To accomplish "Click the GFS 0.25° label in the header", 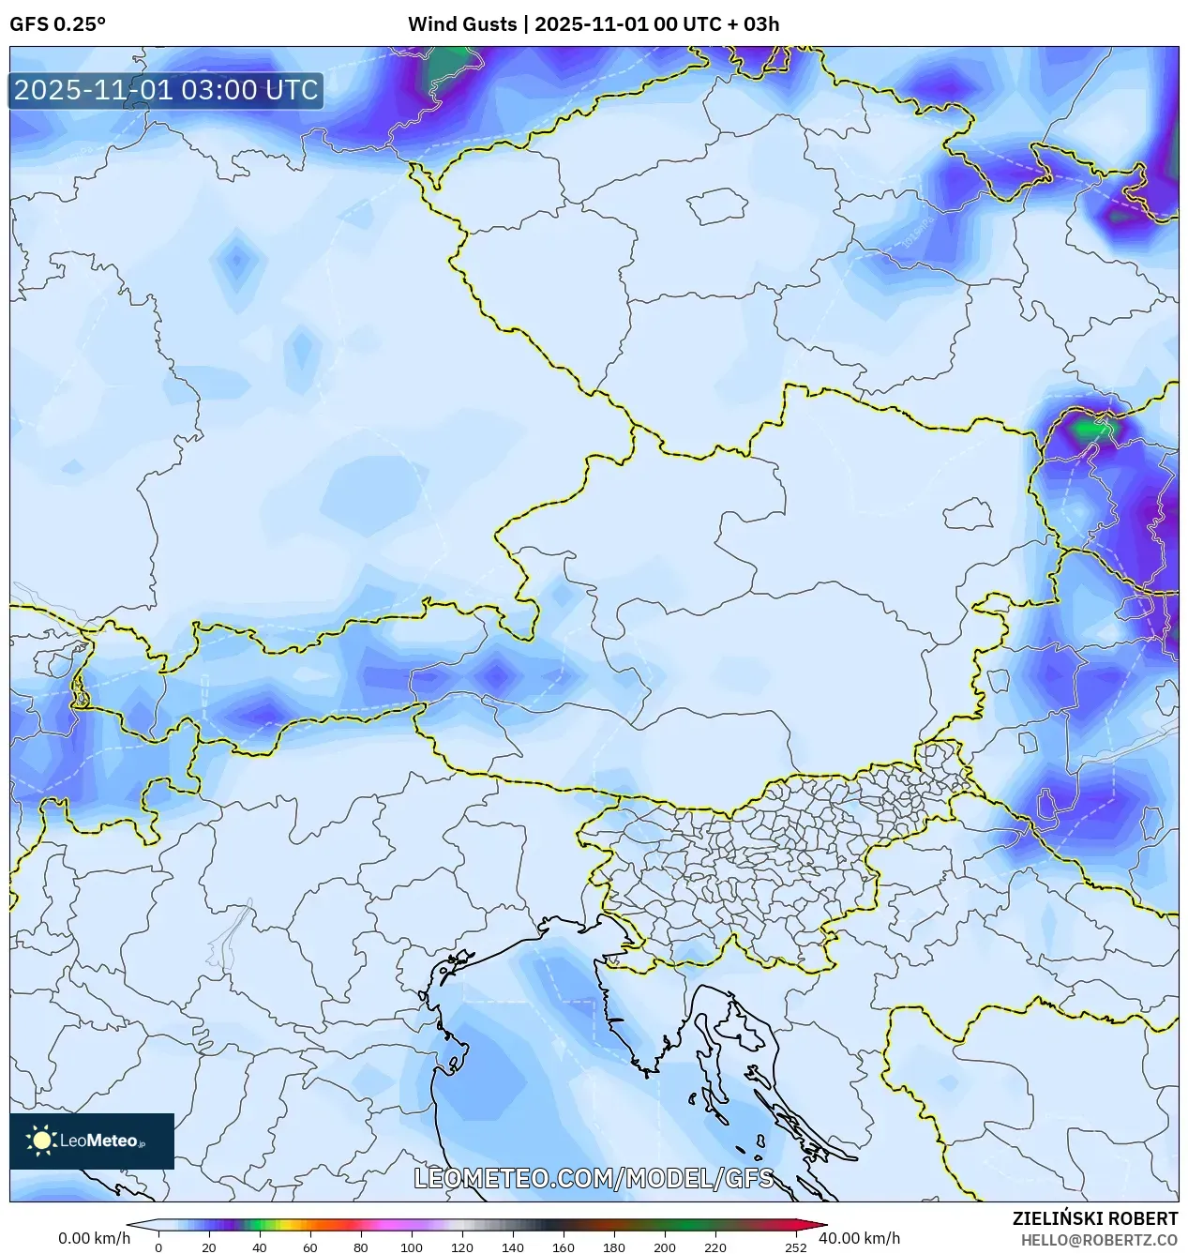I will (x=57, y=24).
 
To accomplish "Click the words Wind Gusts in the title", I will (x=461, y=24).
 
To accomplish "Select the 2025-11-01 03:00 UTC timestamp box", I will (x=166, y=90).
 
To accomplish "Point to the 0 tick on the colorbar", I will (x=158, y=1247).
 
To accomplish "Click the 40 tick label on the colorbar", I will (x=259, y=1247).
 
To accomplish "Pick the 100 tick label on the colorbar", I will (x=411, y=1247).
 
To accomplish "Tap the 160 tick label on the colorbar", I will (x=563, y=1247).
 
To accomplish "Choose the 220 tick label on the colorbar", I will (x=714, y=1247).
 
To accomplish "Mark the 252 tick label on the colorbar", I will (x=795, y=1247).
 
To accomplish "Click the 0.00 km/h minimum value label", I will (x=94, y=1238).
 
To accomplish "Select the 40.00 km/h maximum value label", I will (x=859, y=1238).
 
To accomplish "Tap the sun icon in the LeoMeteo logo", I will (x=41, y=1141).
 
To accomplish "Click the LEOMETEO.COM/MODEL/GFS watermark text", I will (x=594, y=1178).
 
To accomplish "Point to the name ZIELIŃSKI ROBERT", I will (x=1094, y=1218).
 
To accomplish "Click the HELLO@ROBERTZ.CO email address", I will (x=1099, y=1240).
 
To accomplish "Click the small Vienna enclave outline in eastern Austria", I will (x=968, y=514).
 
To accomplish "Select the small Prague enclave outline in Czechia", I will (x=716, y=205).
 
